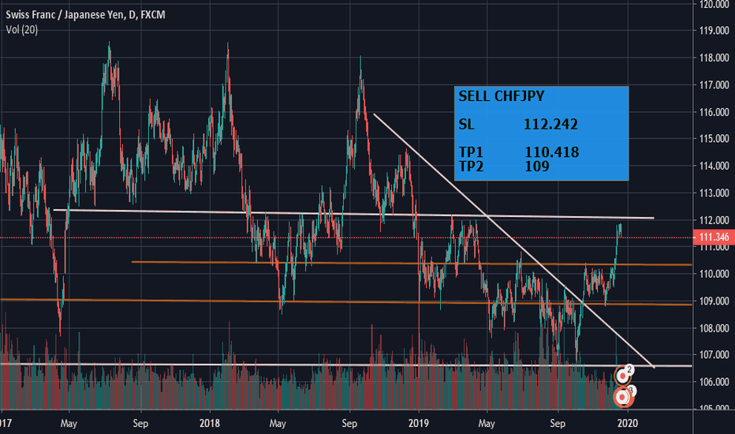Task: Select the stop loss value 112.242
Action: coord(550,124)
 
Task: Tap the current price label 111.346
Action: coord(713,238)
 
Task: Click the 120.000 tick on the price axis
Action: coord(713,4)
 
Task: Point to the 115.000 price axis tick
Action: coord(713,139)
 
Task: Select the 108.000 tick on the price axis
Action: coord(713,327)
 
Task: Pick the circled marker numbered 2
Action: coord(629,369)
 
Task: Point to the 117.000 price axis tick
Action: coord(713,85)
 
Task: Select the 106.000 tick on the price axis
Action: coord(713,382)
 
